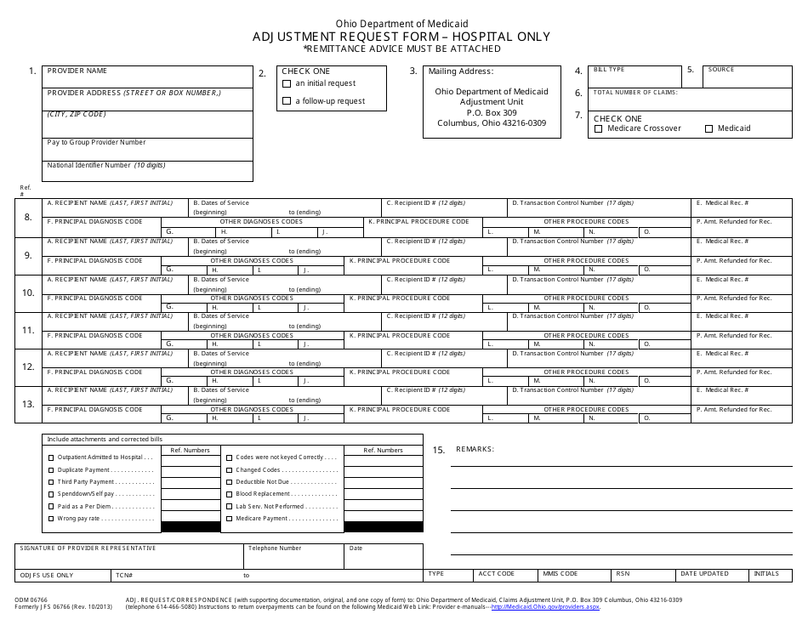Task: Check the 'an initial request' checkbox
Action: click(287, 84)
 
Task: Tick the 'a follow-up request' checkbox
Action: click(287, 101)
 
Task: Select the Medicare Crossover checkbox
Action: click(599, 128)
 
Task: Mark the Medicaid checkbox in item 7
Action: click(708, 128)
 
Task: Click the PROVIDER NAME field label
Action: click(77, 71)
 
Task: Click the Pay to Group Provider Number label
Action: click(96, 142)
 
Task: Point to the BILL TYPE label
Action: click(609, 69)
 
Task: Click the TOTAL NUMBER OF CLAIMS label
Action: click(635, 92)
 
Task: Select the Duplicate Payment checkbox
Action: click(51, 469)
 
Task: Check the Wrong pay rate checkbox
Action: click(51, 518)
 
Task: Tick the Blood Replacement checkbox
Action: click(229, 494)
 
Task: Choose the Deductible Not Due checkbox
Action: click(229, 481)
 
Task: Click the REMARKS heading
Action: click(475, 449)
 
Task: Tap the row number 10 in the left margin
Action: click(28, 293)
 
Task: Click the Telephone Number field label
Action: click(274, 548)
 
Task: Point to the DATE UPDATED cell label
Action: click(704, 574)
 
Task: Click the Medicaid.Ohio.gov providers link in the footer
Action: click(552, 608)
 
